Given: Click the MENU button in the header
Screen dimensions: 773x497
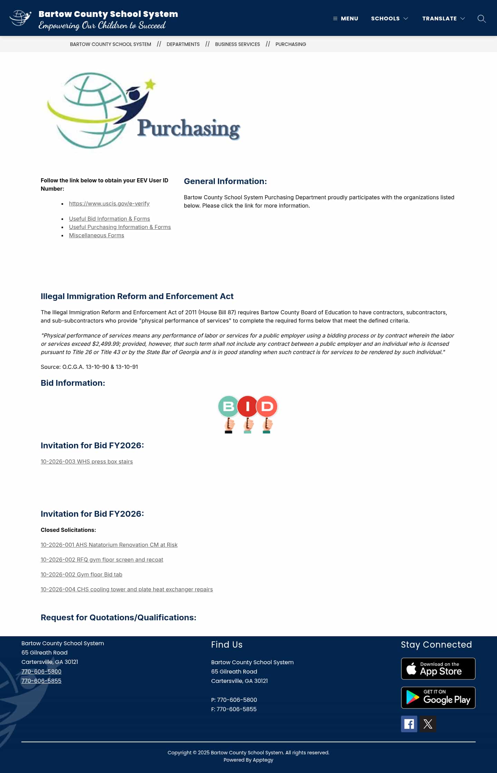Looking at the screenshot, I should (x=345, y=18).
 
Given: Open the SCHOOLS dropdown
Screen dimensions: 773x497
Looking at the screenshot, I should (x=389, y=18).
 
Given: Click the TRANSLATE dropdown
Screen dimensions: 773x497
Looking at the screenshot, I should (x=443, y=18).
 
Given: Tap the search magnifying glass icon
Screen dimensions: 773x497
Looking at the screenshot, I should (x=481, y=19).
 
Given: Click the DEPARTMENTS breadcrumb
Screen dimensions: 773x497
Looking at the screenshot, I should (x=183, y=44).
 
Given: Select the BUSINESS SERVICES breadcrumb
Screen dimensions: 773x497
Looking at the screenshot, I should (x=237, y=44).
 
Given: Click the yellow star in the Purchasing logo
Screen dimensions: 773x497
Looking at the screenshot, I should (x=150, y=84).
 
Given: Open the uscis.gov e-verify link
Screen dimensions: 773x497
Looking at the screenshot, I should (x=109, y=203).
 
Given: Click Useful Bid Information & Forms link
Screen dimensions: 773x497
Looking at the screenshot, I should (x=109, y=219).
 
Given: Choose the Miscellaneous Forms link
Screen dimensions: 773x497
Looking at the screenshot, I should (x=96, y=235).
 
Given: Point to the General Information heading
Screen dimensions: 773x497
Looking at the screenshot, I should (x=225, y=181).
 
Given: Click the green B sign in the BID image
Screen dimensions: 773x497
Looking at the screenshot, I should (x=228, y=406).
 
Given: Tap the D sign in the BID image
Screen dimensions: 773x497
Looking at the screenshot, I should (x=267, y=406).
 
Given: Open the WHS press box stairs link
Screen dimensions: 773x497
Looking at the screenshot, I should (x=87, y=461).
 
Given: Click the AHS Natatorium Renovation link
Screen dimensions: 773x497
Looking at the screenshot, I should (x=109, y=545).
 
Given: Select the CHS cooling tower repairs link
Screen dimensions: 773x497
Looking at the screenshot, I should (x=127, y=589).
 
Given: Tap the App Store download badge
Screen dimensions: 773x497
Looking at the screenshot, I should (x=438, y=669).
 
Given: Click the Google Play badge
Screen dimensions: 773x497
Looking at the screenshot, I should (x=438, y=698).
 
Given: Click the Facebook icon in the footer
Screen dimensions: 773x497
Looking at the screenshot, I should (x=409, y=724).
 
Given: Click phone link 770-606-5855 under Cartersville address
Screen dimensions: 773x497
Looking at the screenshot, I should (x=41, y=681).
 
